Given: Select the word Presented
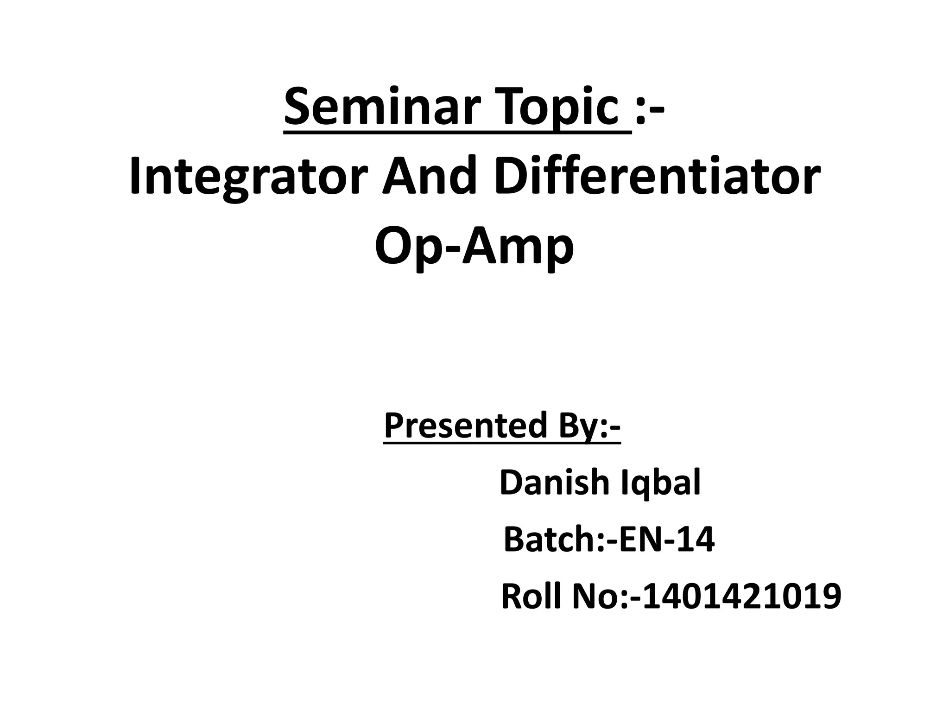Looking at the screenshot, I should [466, 426].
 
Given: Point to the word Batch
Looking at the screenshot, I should [550, 540].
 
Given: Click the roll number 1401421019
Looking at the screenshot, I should [741, 597].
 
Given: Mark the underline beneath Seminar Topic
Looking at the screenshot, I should [457, 133].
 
